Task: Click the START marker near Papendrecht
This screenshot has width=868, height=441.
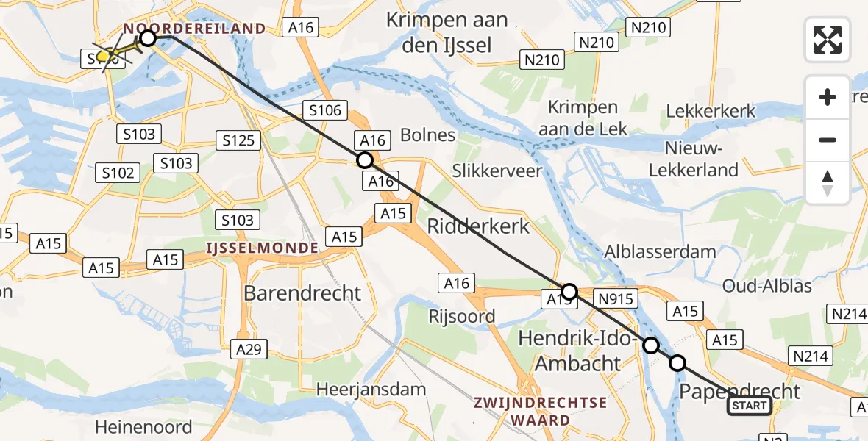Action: click(x=750, y=406)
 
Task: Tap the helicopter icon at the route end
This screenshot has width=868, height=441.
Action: click(x=104, y=55)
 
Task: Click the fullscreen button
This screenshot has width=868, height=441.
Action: click(x=828, y=40)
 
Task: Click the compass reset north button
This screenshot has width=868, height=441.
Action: click(x=828, y=183)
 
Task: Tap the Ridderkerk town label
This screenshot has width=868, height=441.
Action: click(x=479, y=226)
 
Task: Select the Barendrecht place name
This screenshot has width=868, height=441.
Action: click(x=302, y=293)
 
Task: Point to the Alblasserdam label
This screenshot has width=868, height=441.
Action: click(x=660, y=251)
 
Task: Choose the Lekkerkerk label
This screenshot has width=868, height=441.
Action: click(x=711, y=111)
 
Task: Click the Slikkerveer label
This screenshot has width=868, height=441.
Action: click(x=498, y=171)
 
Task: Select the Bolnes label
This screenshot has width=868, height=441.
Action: click(x=428, y=135)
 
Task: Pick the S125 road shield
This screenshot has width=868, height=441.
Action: click(x=236, y=140)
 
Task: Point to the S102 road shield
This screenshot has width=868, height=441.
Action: click(x=118, y=173)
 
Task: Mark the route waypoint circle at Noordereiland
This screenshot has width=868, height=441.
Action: click(x=148, y=37)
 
